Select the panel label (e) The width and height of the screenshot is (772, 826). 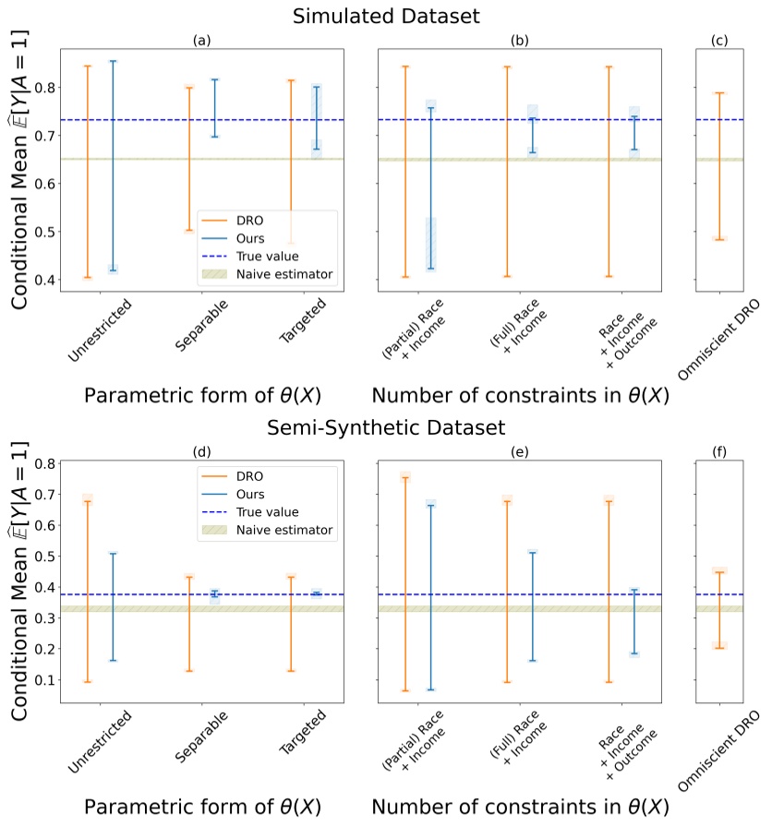point(519,452)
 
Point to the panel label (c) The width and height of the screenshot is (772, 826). point(720,41)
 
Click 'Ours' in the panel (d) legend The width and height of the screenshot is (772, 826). point(263,494)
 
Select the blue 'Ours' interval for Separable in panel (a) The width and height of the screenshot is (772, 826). point(215,108)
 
